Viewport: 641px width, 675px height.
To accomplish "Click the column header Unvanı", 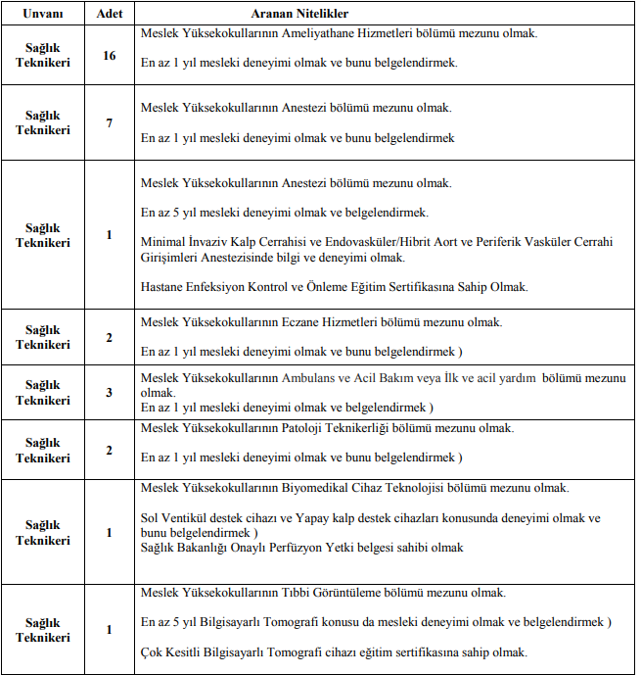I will [42, 15].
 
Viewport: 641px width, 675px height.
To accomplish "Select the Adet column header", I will [110, 15].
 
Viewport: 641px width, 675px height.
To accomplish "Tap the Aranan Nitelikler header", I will [306, 15].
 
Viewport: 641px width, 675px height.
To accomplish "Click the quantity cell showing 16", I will [110, 56].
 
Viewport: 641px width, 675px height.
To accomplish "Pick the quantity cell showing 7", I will [110, 123].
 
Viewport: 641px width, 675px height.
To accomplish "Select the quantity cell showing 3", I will [110, 393].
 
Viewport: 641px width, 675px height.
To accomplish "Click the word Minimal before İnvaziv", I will [163, 242].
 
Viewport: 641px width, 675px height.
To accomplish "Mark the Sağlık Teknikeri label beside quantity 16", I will [42, 56].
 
